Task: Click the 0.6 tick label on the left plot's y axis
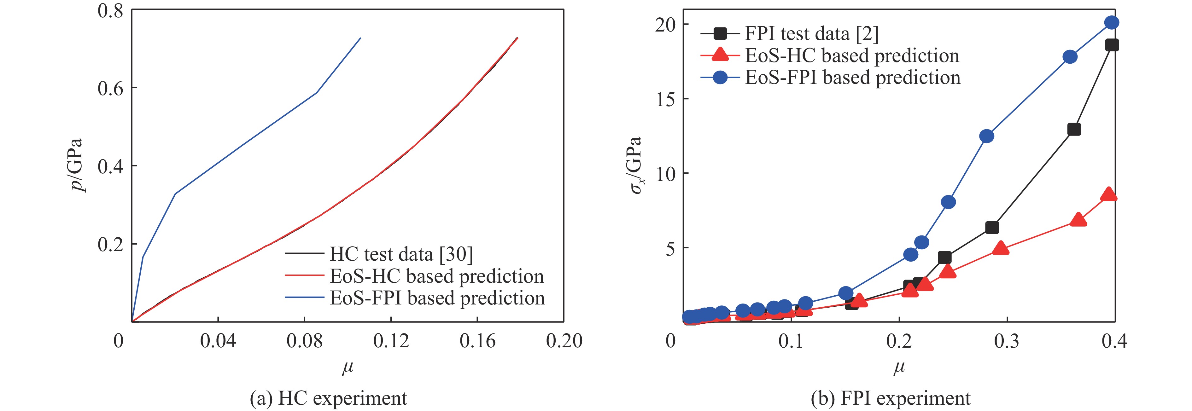click(x=111, y=88)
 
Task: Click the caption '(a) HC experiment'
click(x=329, y=398)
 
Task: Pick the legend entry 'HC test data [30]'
click(x=401, y=254)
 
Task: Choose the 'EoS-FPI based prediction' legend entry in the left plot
click(x=437, y=298)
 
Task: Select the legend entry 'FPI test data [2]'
click(x=812, y=33)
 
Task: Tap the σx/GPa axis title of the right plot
click(x=636, y=165)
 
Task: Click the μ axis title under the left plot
click(x=348, y=368)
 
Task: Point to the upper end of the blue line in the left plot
click(x=360, y=38)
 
